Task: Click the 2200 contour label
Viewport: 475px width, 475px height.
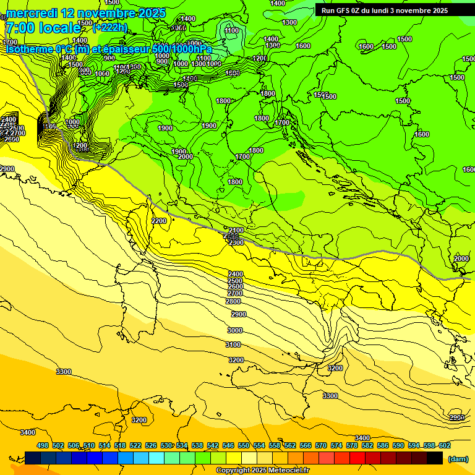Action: click(x=159, y=221)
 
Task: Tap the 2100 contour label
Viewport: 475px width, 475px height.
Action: click(x=236, y=230)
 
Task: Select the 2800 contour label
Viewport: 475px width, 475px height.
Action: click(x=233, y=301)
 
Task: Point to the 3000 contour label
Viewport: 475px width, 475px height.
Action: click(x=235, y=330)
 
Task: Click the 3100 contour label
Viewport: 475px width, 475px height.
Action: click(x=233, y=344)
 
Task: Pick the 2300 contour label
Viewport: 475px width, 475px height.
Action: click(x=236, y=243)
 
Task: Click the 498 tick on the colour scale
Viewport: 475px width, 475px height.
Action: click(x=43, y=445)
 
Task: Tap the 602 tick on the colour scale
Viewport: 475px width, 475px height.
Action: click(x=444, y=445)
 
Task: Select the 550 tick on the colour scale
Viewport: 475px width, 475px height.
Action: click(x=244, y=445)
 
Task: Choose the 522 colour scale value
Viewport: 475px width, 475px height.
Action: click(x=135, y=445)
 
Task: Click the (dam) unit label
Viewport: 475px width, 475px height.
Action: click(x=458, y=458)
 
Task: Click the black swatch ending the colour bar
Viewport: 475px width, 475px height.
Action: click(x=435, y=458)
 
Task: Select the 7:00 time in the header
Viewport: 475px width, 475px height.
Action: click(x=19, y=28)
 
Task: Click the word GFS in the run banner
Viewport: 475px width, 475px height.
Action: click(x=344, y=11)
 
